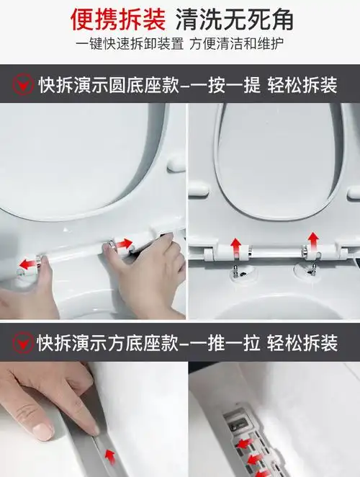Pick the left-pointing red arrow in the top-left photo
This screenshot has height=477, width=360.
click(29, 264)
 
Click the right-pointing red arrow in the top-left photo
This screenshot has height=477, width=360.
click(125, 244)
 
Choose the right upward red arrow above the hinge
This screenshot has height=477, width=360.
click(313, 240)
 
